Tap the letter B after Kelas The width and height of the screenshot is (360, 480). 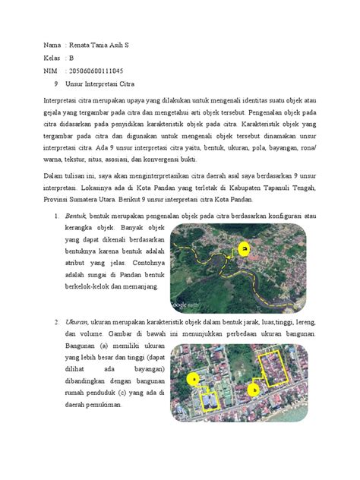(71, 57)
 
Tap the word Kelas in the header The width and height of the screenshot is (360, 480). (52, 57)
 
